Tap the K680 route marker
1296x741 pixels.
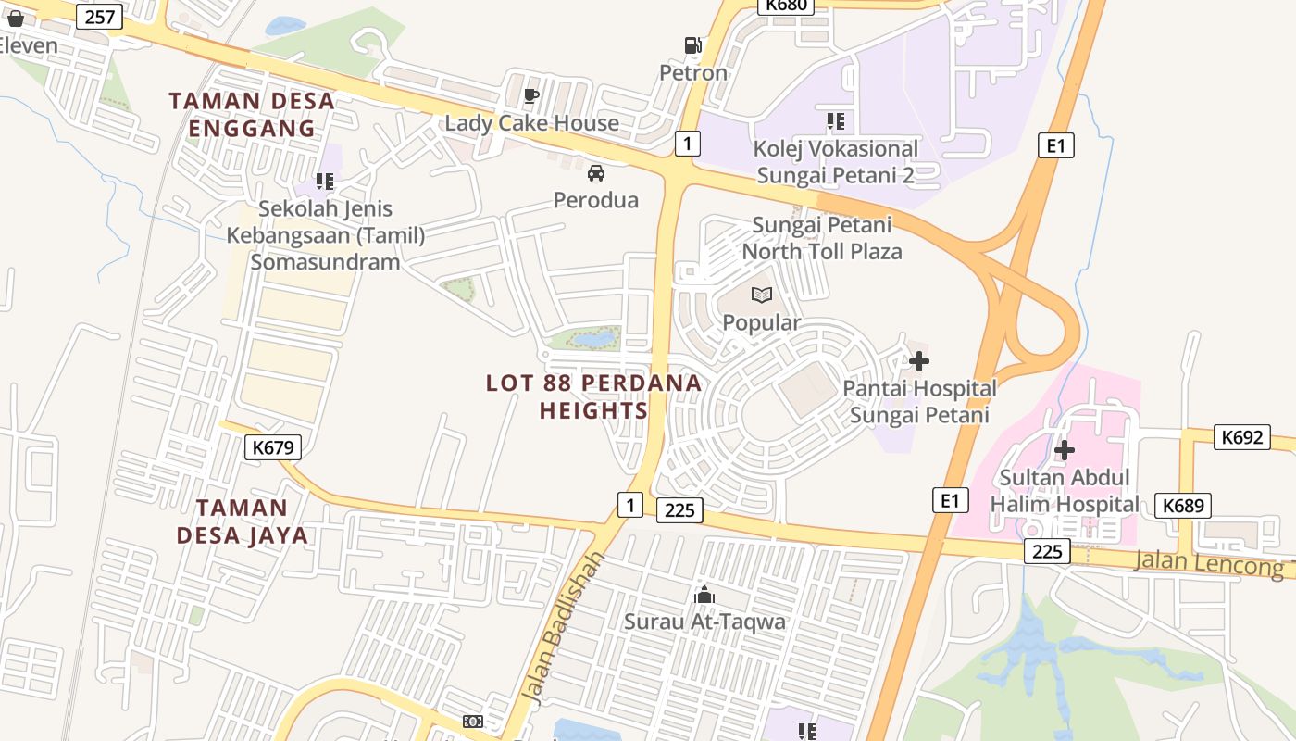click(x=787, y=5)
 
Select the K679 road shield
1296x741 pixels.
click(x=273, y=448)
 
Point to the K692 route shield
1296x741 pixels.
click(x=1241, y=437)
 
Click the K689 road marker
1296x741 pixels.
click(x=1183, y=505)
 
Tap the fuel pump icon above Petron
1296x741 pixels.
click(x=692, y=44)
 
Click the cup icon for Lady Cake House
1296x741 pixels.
click(x=531, y=95)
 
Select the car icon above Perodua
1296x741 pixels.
click(x=596, y=172)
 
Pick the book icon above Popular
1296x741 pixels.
click(x=761, y=295)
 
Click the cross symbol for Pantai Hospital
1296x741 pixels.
click(x=918, y=361)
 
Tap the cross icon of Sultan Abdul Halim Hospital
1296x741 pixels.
click(x=1065, y=450)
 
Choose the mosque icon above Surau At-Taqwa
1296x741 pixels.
click(x=704, y=594)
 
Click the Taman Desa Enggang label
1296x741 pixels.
click(x=252, y=114)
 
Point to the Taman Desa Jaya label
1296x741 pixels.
click(x=243, y=521)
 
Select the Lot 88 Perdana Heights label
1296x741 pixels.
click(x=593, y=396)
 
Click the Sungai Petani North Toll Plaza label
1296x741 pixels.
click(x=822, y=238)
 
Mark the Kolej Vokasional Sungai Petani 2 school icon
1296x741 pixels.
click(x=836, y=121)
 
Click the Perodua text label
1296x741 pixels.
click(x=596, y=199)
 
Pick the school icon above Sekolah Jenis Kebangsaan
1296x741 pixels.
click(x=325, y=182)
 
